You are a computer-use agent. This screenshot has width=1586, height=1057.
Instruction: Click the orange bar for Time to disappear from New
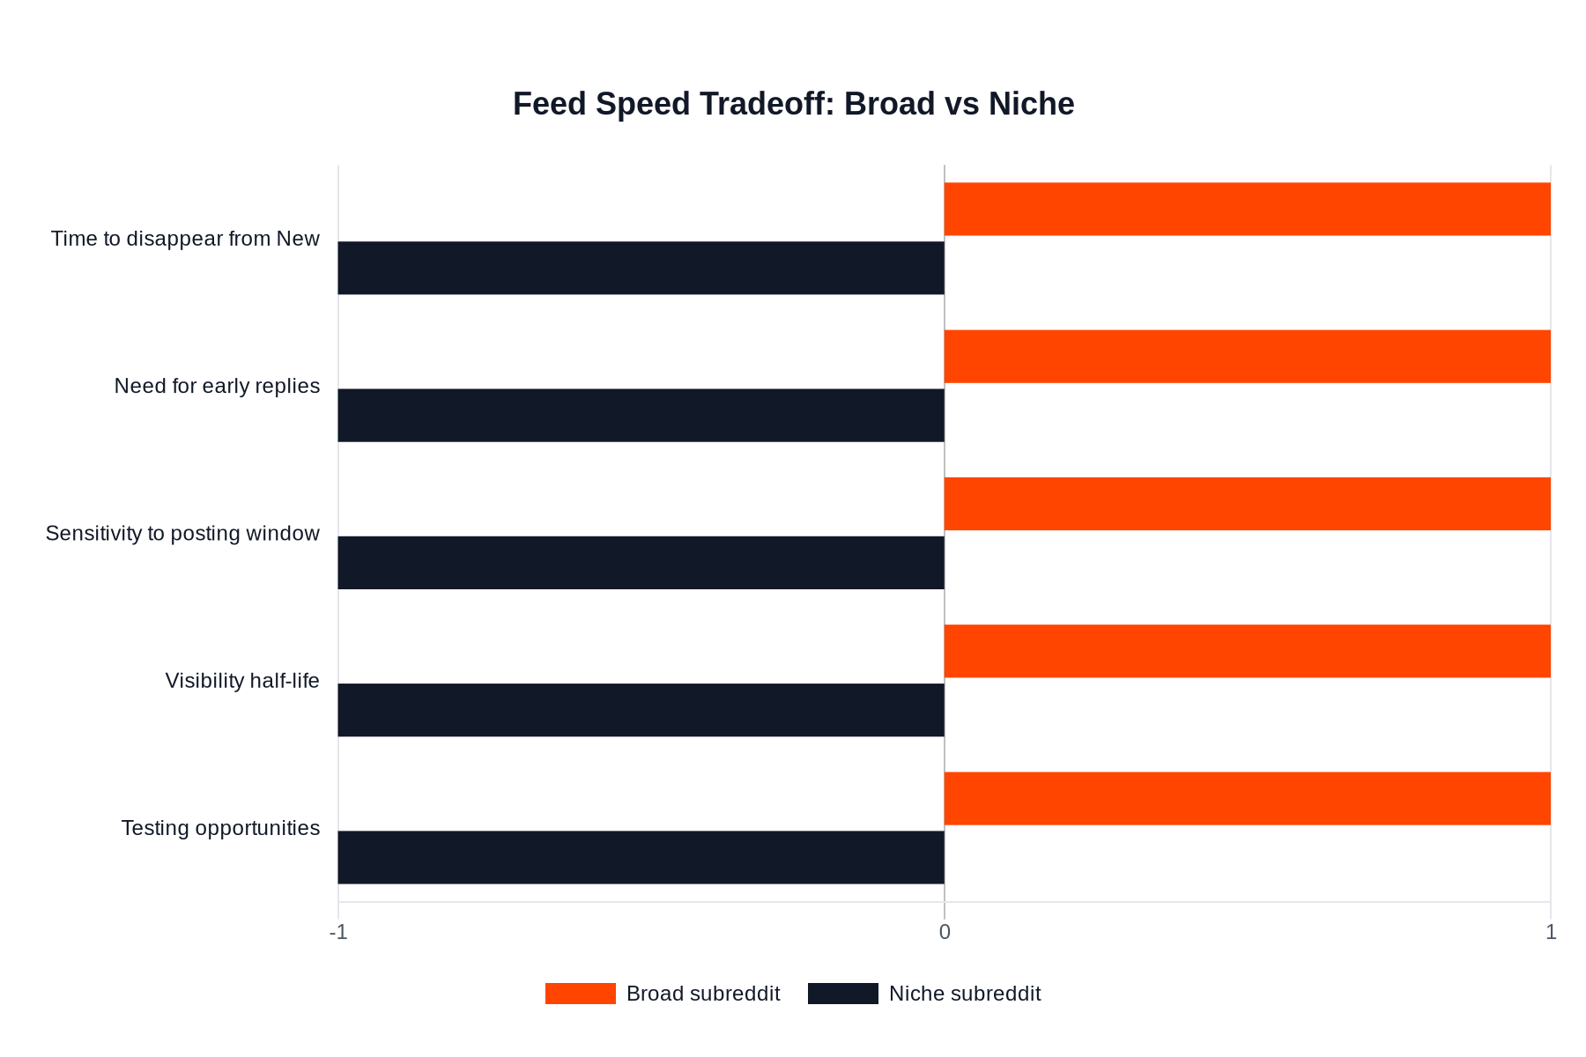pyautogui.click(x=1247, y=209)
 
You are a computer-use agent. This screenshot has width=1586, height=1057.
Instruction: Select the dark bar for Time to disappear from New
pyautogui.click(x=641, y=268)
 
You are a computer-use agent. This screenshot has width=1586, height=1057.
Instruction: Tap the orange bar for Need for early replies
pyautogui.click(x=1247, y=356)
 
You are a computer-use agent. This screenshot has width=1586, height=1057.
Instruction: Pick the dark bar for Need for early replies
pyautogui.click(x=641, y=415)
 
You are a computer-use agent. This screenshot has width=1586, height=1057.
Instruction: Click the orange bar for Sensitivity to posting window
pyautogui.click(x=1247, y=504)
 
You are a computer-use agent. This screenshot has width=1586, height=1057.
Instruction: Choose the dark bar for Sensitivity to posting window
pyautogui.click(x=641, y=563)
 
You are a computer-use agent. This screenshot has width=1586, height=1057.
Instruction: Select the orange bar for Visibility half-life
pyautogui.click(x=1247, y=651)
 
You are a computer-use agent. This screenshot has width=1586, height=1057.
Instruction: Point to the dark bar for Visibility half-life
pyautogui.click(x=641, y=710)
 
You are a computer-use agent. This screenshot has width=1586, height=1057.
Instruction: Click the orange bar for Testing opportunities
pyautogui.click(x=1247, y=798)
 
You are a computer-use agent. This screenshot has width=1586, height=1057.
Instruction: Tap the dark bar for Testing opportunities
pyautogui.click(x=641, y=857)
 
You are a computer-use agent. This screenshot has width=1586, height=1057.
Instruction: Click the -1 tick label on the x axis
pyautogui.click(x=338, y=932)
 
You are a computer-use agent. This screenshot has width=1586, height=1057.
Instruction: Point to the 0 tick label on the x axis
pyautogui.click(x=945, y=932)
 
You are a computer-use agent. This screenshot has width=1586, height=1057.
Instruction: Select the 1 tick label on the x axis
pyautogui.click(x=1551, y=932)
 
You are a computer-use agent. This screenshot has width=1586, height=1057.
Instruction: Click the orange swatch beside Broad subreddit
pyautogui.click(x=580, y=994)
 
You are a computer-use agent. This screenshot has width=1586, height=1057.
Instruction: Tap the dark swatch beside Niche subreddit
pyautogui.click(x=842, y=994)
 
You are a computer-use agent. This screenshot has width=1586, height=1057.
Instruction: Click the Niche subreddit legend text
pyautogui.click(x=965, y=994)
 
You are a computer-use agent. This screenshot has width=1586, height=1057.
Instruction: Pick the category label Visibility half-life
pyautogui.click(x=242, y=681)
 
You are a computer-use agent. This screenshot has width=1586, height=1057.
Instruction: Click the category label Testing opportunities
pyautogui.click(x=220, y=828)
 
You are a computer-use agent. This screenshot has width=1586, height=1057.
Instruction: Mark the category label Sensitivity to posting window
pyautogui.click(x=182, y=534)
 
